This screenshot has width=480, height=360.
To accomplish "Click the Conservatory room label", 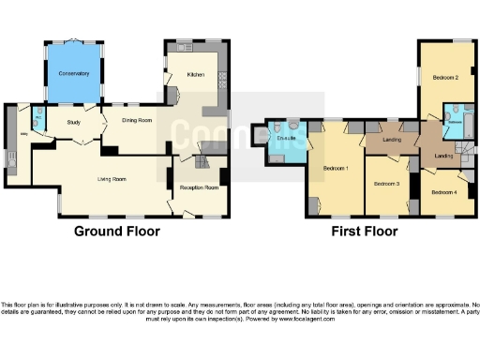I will pyautogui.click(x=73, y=73).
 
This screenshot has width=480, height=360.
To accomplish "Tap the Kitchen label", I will pyautogui.click(x=195, y=75).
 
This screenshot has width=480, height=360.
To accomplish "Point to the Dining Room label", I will pyautogui.click(x=133, y=119).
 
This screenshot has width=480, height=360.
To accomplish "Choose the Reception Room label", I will pyautogui.click(x=198, y=187).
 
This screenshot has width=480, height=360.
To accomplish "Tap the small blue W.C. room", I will pyautogui.click(x=37, y=119).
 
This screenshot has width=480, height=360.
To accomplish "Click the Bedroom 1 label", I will pyautogui.click(x=336, y=169).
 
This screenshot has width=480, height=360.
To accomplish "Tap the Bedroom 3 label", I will pyautogui.click(x=386, y=184).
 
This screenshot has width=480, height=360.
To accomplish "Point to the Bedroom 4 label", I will pyautogui.click(x=444, y=191).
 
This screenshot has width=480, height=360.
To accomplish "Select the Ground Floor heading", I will pyautogui.click(x=117, y=231).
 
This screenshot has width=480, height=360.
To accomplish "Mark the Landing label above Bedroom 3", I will pyautogui.click(x=393, y=142).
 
